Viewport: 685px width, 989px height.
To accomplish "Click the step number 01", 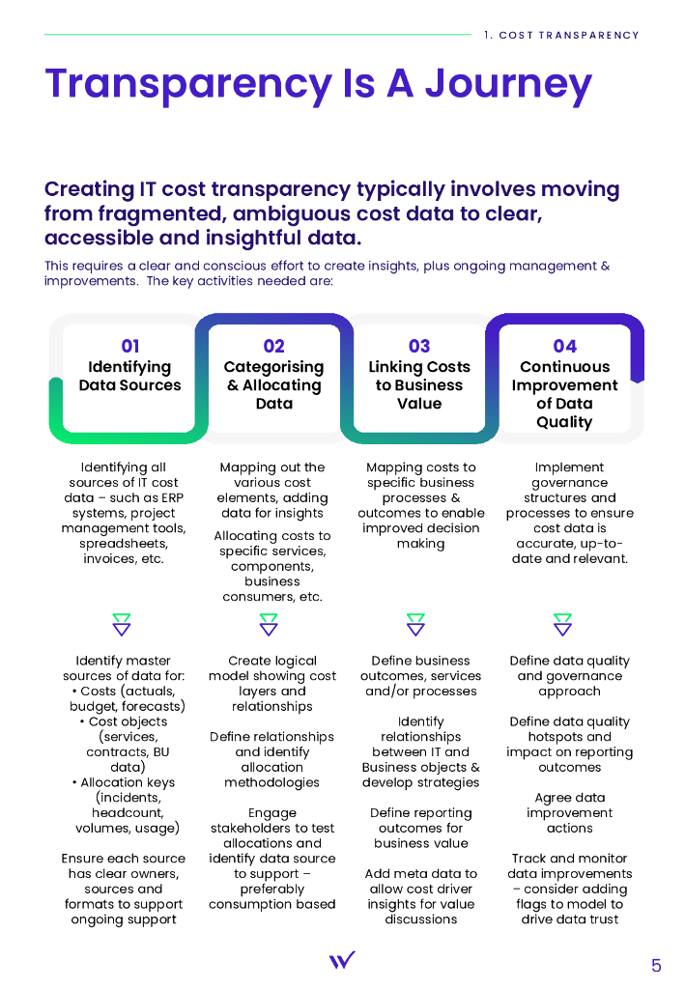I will (130, 346).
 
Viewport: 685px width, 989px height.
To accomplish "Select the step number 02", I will (274, 346).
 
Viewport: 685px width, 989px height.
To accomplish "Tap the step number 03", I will (419, 346).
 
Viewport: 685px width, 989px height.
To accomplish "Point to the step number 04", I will (564, 346).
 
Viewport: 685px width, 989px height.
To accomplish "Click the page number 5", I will (656, 965).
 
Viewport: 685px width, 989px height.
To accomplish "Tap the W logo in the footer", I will (342, 959).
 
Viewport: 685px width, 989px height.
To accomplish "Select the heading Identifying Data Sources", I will (130, 376).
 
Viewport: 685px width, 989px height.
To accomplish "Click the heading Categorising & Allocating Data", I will (274, 384).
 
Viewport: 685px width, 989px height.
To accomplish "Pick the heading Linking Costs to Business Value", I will (419, 384).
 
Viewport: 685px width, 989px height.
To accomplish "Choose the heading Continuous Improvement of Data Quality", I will (564, 394).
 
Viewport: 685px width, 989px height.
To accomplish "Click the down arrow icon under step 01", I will (122, 624).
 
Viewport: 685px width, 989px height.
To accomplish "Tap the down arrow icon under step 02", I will (269, 624).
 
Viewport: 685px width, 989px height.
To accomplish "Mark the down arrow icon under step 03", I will (415, 624).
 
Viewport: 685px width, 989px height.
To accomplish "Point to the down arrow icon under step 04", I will (562, 624).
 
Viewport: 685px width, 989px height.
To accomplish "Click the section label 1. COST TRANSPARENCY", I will (561, 36).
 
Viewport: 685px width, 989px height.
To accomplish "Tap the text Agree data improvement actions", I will (569, 812).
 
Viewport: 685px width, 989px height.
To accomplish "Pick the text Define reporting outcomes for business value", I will (420, 828).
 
